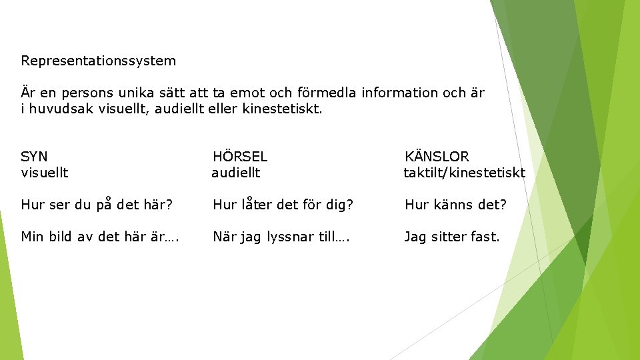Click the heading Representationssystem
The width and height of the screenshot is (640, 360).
(x=99, y=61)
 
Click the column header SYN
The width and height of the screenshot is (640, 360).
(x=35, y=157)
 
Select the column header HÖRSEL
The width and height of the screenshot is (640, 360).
(x=240, y=157)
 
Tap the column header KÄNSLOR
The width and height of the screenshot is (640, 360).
(x=437, y=157)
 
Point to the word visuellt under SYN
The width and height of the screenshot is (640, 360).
(x=45, y=173)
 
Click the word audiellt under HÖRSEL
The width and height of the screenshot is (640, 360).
(x=236, y=173)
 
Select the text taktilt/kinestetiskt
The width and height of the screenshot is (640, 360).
(x=464, y=173)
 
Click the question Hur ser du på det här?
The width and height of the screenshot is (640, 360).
(x=97, y=205)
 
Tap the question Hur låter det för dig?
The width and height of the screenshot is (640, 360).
(x=283, y=205)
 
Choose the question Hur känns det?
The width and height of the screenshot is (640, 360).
(x=455, y=205)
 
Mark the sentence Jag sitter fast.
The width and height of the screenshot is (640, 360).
(x=451, y=236)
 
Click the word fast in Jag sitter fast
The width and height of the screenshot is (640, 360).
(x=485, y=236)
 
